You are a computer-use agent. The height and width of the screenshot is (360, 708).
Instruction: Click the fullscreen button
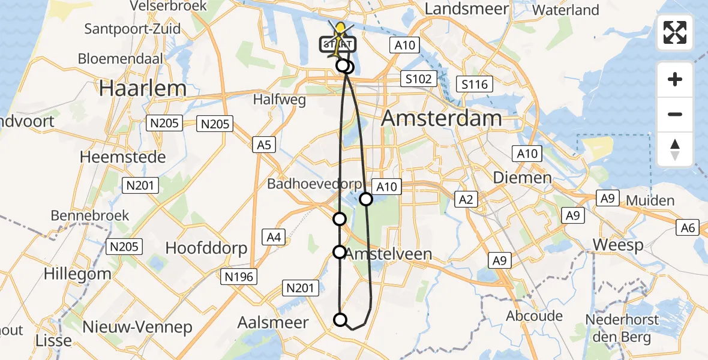coord(675,33)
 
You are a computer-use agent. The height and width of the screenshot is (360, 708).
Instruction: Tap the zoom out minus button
coord(675,114)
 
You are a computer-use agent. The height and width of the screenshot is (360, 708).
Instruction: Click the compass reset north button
coord(675,149)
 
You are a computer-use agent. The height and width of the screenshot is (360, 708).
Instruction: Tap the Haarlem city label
coord(143,88)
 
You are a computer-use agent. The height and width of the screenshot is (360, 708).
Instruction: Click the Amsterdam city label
coord(442,118)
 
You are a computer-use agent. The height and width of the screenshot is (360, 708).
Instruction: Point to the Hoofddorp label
coord(206,248)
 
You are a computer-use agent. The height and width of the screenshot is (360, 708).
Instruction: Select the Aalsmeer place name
coord(273,322)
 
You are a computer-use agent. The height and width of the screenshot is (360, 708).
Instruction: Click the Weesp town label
coord(617,245)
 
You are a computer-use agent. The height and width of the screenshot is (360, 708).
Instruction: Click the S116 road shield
coord(473,85)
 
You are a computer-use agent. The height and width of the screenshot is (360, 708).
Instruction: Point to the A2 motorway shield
coord(466,199)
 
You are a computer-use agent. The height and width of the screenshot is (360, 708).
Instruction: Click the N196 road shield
coord(240,276)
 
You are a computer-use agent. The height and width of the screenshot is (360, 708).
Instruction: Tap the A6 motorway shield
coord(688,227)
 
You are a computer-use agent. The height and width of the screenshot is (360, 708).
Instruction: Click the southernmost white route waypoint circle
coord(340,320)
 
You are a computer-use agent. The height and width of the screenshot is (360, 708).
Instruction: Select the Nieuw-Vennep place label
coord(137,327)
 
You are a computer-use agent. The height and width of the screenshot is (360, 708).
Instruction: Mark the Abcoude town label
coord(535,316)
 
